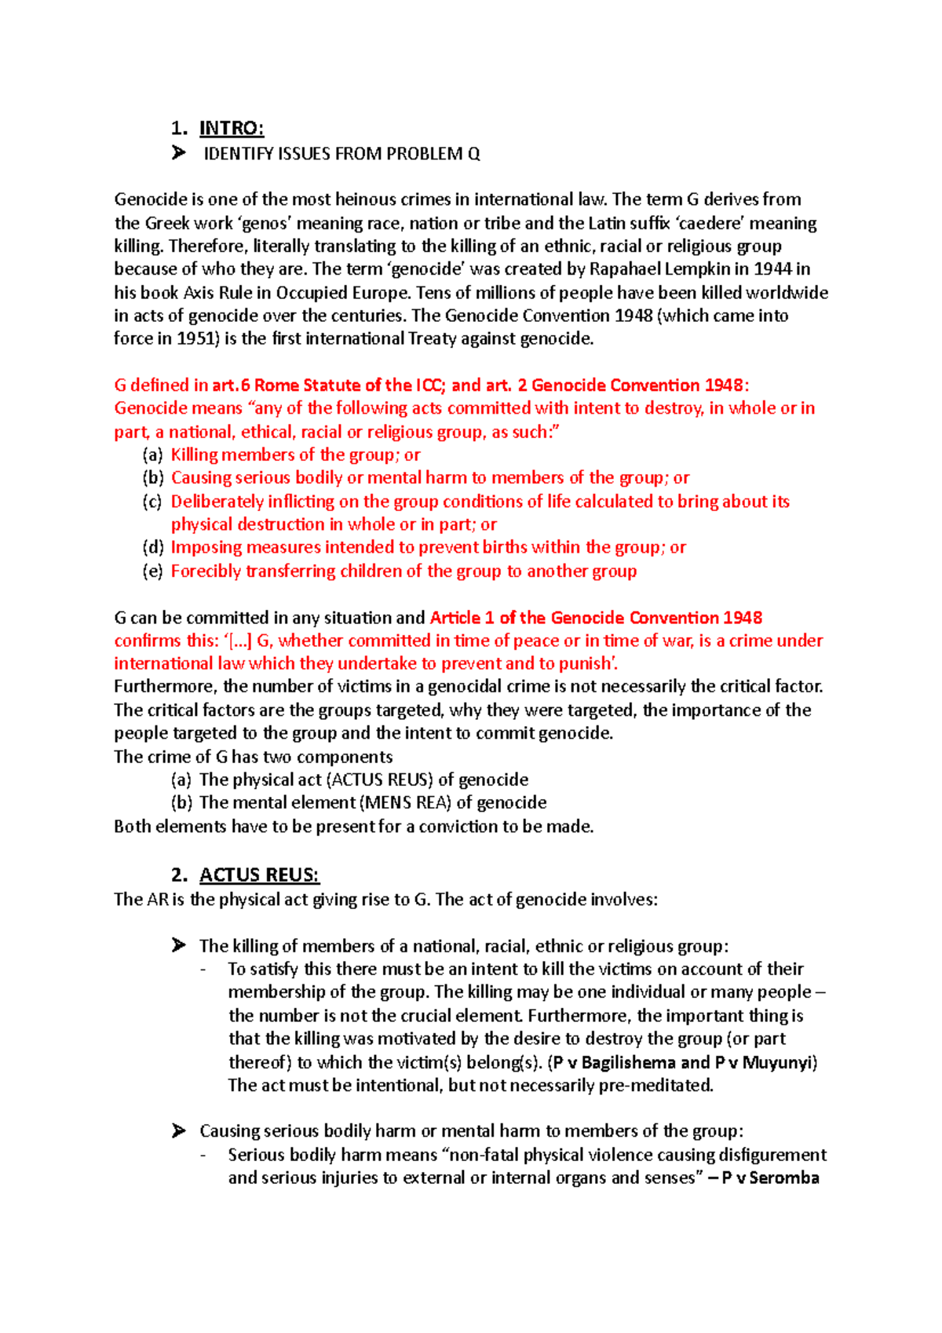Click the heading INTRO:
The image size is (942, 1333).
(232, 128)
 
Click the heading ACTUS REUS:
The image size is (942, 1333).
(259, 875)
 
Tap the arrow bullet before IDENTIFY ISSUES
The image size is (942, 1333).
(179, 153)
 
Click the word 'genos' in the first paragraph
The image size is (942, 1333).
(263, 223)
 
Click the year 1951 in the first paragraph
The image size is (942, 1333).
(195, 339)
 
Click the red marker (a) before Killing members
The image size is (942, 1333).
(153, 455)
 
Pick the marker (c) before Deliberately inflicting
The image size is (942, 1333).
(152, 502)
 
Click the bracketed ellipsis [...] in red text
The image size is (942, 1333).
(238, 641)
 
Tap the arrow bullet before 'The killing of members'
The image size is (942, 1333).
(179, 945)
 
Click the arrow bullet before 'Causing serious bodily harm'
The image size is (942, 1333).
(179, 1130)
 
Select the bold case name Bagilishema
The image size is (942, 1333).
(628, 1063)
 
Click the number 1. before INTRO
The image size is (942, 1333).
(180, 128)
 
